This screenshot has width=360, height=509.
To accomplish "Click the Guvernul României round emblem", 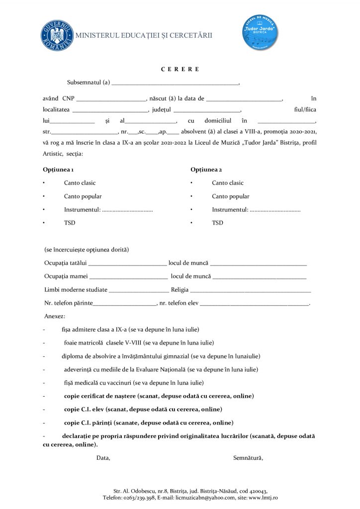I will point(57,35).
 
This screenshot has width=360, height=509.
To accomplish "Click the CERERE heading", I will point(180,69).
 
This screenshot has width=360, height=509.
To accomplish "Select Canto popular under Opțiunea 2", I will point(230,196).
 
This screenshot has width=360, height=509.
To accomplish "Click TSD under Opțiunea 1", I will point(70,223).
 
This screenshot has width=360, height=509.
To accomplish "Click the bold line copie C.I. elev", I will point(143,409).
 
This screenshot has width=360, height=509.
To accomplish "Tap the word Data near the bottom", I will point(103,458).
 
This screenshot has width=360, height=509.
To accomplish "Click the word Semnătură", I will point(248,458).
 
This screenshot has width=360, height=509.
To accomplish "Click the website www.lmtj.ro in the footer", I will point(263,497).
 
